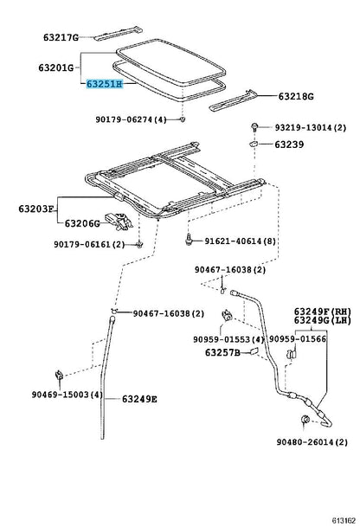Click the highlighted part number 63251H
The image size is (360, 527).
tap(103, 84)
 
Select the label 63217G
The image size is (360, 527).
tap(61, 37)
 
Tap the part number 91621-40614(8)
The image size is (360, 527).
tap(246, 241)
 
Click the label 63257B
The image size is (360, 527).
tap(222, 352)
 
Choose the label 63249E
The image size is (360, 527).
tap(139, 399)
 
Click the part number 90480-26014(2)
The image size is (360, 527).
tap(312, 441)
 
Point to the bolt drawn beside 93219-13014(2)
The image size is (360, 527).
tap(258, 127)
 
